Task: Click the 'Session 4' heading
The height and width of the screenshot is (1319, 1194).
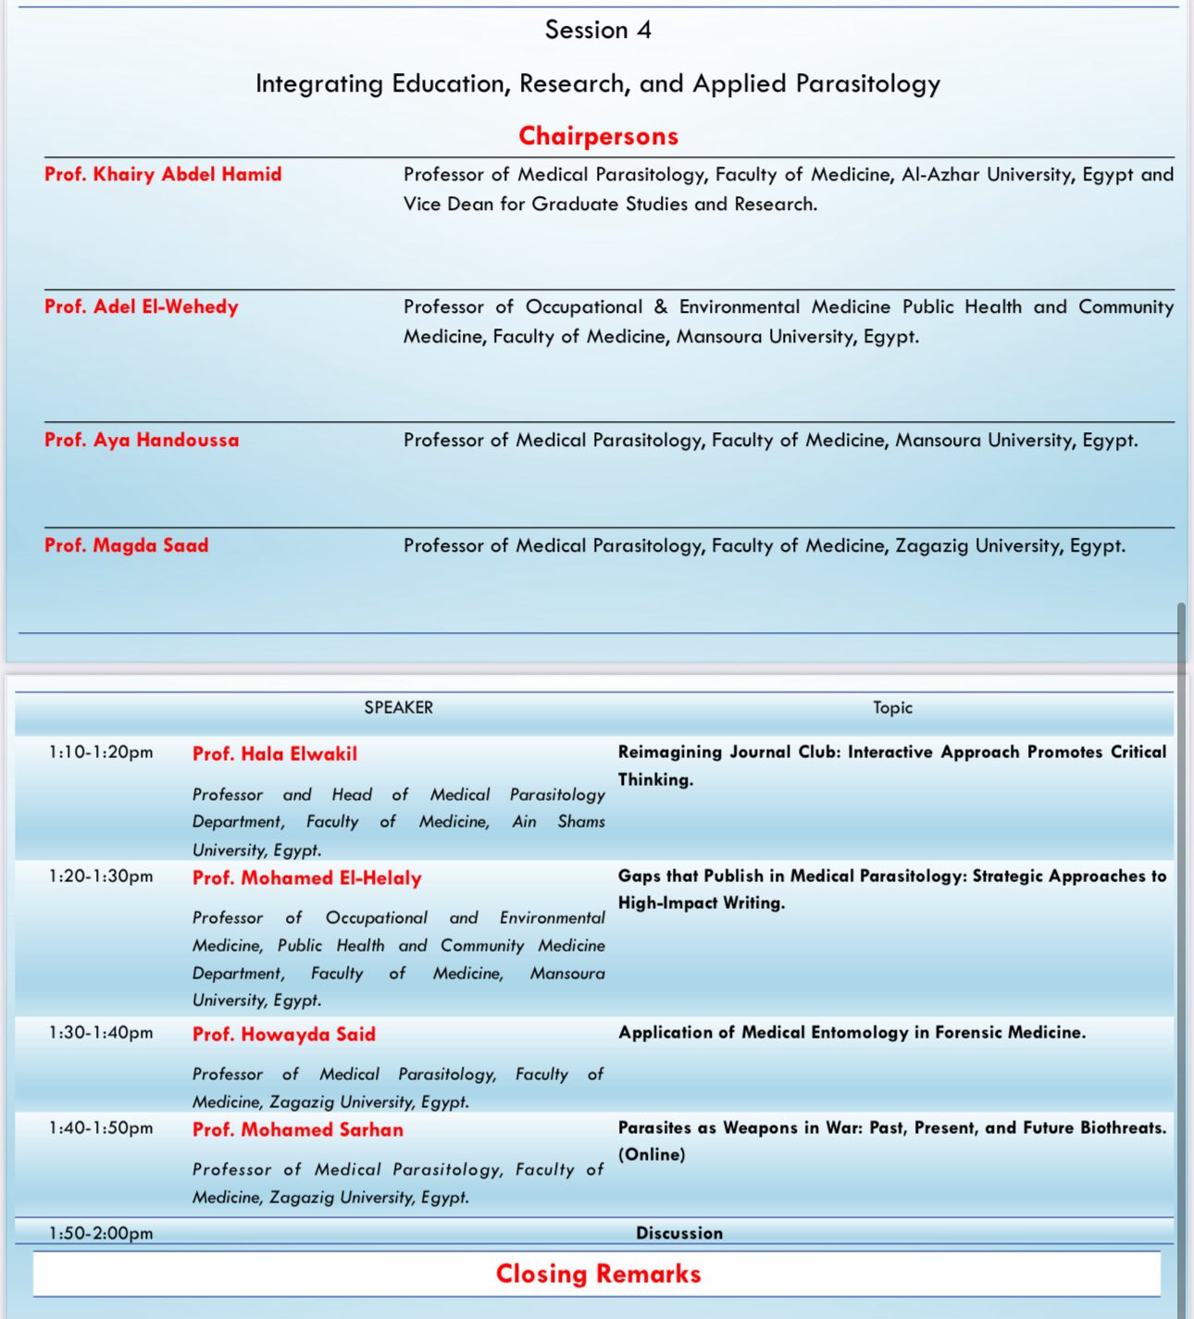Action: (598, 31)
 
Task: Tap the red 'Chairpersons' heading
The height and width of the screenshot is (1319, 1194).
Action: (598, 136)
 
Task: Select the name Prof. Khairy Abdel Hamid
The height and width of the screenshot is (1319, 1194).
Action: (163, 174)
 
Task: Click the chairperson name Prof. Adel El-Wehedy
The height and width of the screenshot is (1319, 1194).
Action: (142, 306)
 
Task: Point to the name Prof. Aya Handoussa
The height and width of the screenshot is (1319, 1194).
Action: (142, 440)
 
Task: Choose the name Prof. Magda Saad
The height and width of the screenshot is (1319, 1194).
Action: (127, 545)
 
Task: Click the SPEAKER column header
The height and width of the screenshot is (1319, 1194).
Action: (398, 707)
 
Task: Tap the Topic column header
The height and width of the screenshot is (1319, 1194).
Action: (892, 707)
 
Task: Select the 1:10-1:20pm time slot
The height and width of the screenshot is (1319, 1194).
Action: (101, 753)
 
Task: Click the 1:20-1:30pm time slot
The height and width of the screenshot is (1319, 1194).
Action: (101, 876)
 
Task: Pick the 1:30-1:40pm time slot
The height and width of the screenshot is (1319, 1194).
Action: (101, 1032)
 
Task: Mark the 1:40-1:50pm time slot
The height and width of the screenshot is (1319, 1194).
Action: (101, 1127)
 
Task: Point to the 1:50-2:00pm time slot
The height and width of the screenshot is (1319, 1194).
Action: (101, 1233)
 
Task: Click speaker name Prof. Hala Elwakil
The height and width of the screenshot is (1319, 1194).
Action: (275, 753)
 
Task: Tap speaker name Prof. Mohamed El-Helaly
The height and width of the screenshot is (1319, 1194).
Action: (307, 877)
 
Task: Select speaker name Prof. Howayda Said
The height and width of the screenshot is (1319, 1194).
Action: (284, 1034)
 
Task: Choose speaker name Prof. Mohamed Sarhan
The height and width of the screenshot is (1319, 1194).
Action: (298, 1129)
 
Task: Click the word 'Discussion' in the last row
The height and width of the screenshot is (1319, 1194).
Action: (679, 1233)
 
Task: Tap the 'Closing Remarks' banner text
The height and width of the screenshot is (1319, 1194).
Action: (598, 1274)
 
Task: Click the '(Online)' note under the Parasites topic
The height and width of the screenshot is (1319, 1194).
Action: (652, 1154)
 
